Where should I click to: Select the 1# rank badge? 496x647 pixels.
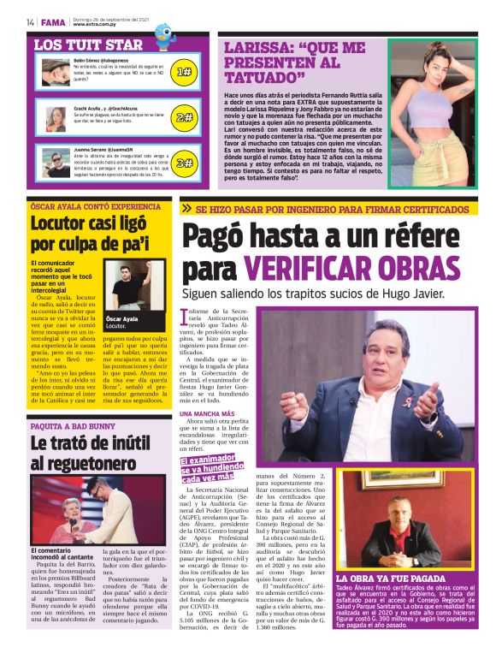(x=184, y=73)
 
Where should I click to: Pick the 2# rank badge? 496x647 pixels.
(x=184, y=118)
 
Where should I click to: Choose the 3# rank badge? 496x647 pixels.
(x=184, y=163)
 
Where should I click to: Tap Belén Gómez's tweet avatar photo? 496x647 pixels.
(x=56, y=70)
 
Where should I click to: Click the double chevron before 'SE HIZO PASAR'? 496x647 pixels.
(x=186, y=208)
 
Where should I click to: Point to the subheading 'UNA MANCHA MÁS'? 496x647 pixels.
(x=208, y=413)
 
